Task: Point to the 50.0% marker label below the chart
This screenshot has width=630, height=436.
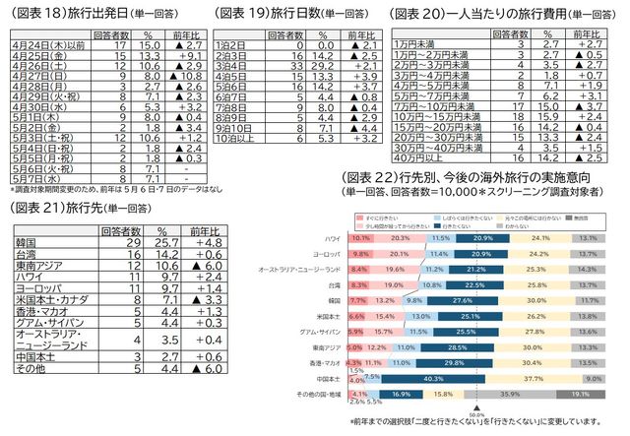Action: click(x=476, y=415)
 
